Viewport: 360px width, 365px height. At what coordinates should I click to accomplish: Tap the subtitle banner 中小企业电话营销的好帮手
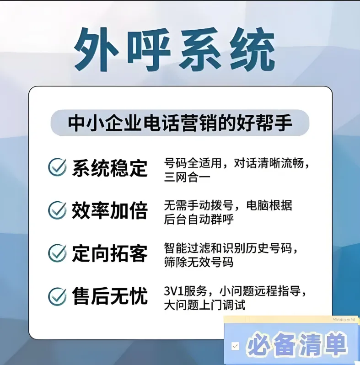point(180,123)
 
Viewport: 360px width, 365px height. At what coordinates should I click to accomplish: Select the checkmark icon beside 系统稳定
point(58,167)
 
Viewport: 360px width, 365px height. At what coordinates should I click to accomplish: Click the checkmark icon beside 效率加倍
point(58,210)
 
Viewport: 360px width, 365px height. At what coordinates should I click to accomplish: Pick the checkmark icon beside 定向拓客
point(58,253)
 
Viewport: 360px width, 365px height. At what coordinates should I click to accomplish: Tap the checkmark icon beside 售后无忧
point(58,296)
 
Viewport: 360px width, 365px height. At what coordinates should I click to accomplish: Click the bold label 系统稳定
point(110,168)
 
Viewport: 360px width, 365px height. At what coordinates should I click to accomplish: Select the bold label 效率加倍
point(110,210)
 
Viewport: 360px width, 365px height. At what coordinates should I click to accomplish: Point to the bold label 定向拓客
point(110,253)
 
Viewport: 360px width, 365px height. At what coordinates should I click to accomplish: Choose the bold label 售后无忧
point(110,296)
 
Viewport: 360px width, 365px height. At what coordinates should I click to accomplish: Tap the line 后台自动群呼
point(199,220)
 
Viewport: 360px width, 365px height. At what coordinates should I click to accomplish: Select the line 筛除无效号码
point(199,263)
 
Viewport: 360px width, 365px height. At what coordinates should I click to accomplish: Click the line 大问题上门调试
point(204,305)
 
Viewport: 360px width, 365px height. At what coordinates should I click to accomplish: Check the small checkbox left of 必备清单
point(235,346)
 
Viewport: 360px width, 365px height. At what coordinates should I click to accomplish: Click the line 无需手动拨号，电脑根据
point(228,206)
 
